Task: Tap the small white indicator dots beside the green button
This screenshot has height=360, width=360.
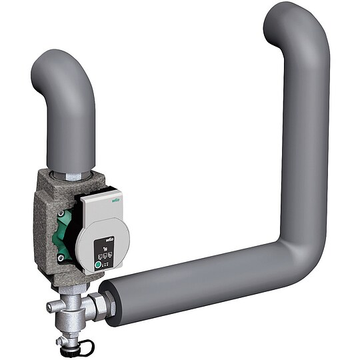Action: coord(107,263)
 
